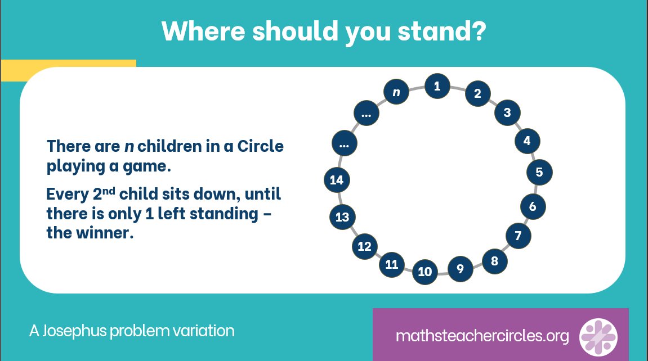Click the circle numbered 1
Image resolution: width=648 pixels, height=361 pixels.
point(437,86)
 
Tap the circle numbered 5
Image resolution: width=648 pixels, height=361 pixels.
point(539,172)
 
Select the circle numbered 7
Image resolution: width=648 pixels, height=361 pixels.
point(519,236)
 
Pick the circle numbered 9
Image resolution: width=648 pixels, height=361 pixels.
point(460,269)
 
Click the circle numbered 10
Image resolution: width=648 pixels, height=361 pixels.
point(425,272)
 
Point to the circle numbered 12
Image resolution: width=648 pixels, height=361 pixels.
point(364,246)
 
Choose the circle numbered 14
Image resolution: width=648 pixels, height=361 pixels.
point(337,180)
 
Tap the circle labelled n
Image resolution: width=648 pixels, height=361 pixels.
point(396,92)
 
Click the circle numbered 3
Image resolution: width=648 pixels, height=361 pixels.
point(507,112)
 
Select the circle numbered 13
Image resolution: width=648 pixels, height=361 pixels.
point(342,217)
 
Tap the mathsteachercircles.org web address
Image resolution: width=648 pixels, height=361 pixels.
point(482,336)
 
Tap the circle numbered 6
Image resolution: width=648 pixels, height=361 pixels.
point(533,206)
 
